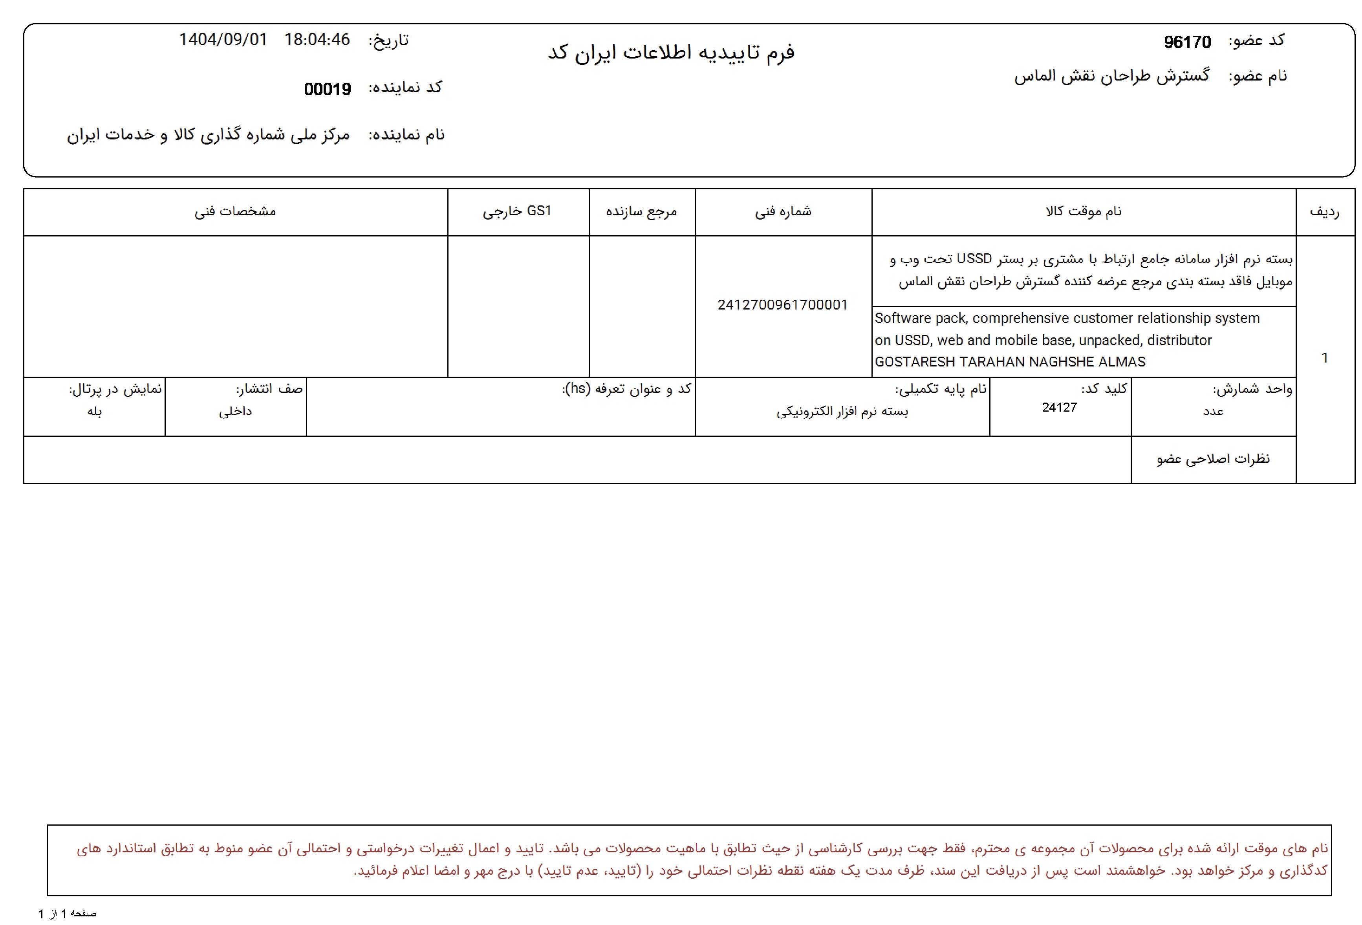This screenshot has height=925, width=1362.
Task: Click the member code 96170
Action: click(x=1187, y=42)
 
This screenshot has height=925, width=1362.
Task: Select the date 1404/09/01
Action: click(x=223, y=40)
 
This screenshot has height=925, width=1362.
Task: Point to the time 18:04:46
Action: click(x=317, y=40)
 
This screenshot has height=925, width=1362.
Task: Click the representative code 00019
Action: click(x=327, y=89)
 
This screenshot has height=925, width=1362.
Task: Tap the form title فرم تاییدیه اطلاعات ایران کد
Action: click(x=671, y=53)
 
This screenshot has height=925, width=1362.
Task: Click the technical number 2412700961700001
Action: click(x=782, y=305)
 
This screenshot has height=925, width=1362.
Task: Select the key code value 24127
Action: click(x=1059, y=407)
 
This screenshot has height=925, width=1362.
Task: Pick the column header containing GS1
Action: click(x=517, y=211)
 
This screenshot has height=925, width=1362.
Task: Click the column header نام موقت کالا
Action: click(x=1083, y=211)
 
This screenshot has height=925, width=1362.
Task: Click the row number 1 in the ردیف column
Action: click(x=1324, y=357)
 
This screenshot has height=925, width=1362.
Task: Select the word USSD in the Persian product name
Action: click(x=974, y=258)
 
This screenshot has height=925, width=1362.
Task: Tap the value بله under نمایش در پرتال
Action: click(x=94, y=412)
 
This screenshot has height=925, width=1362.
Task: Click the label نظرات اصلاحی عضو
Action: click(x=1213, y=459)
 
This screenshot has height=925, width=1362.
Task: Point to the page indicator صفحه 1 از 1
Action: click(x=68, y=913)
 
